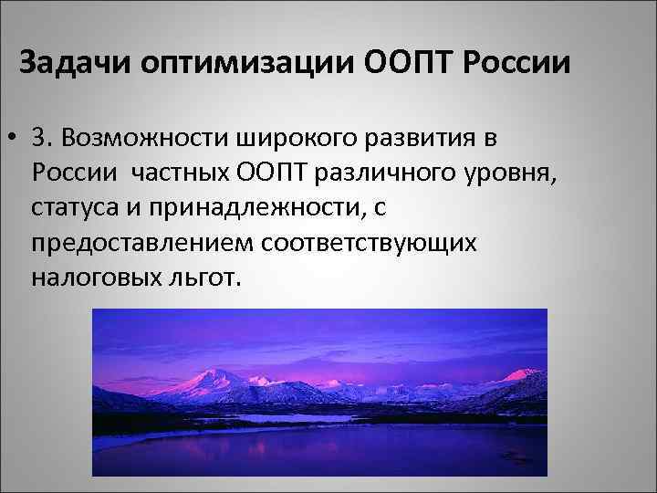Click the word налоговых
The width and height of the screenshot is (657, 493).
pyautogui.click(x=88, y=277)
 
